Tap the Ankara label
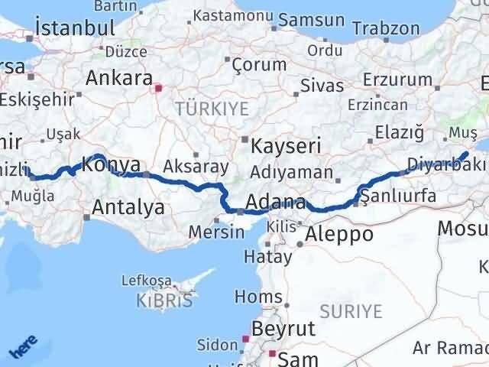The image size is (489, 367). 118,77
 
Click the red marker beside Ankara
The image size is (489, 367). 158,88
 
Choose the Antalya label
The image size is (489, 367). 128,206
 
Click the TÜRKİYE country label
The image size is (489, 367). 212,109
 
